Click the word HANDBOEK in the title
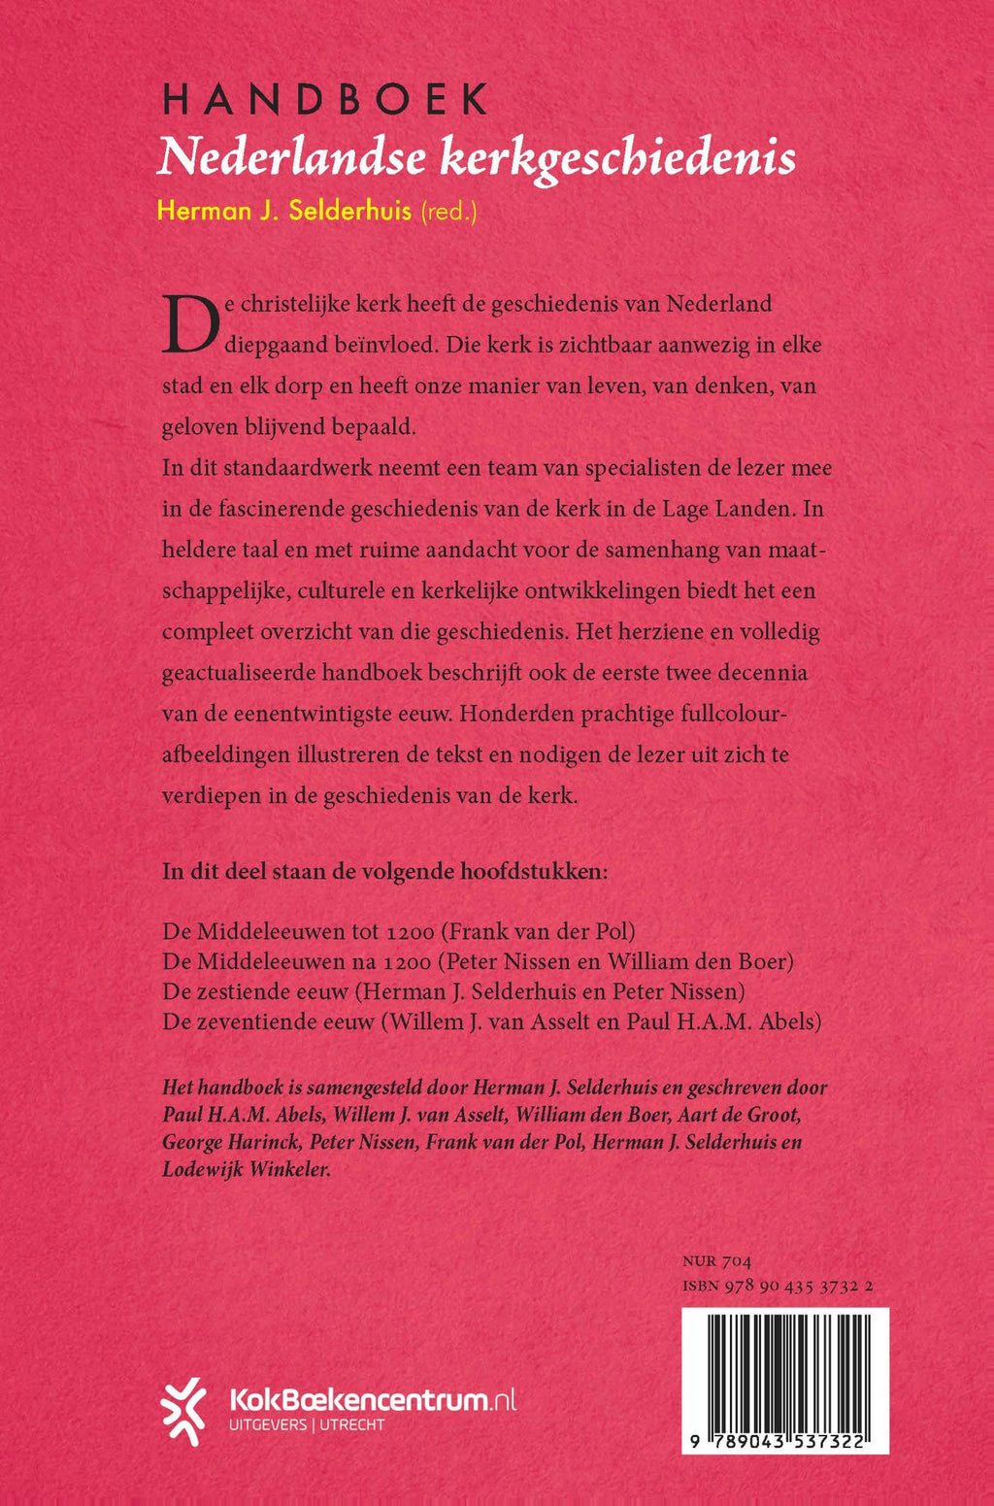pos(325,100)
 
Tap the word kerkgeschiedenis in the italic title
pos(617,157)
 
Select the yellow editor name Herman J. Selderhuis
pos(284,211)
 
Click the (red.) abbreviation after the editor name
pos(447,211)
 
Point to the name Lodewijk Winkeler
pos(247,1170)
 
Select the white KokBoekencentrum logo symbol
pos(184,1411)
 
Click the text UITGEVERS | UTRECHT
pos(306,1425)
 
